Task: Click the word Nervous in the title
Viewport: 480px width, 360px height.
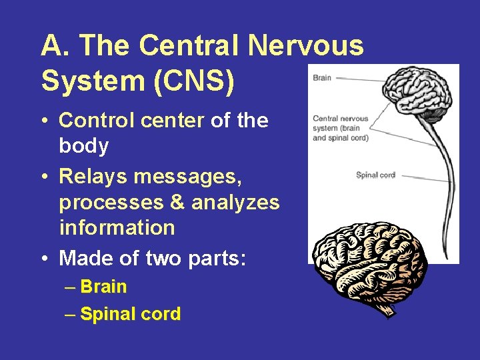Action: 306,46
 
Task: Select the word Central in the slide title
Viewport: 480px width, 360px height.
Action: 192,46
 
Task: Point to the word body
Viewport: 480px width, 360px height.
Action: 84,147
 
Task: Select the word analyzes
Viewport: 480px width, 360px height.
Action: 235,202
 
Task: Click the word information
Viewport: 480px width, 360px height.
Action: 117,227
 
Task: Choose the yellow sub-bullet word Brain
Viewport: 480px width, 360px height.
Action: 103,287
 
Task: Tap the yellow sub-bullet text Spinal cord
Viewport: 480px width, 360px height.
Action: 130,314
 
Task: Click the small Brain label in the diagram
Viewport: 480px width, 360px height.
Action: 321,77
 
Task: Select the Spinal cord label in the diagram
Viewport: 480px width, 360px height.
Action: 375,175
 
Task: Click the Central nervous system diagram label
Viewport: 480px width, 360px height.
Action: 341,128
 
